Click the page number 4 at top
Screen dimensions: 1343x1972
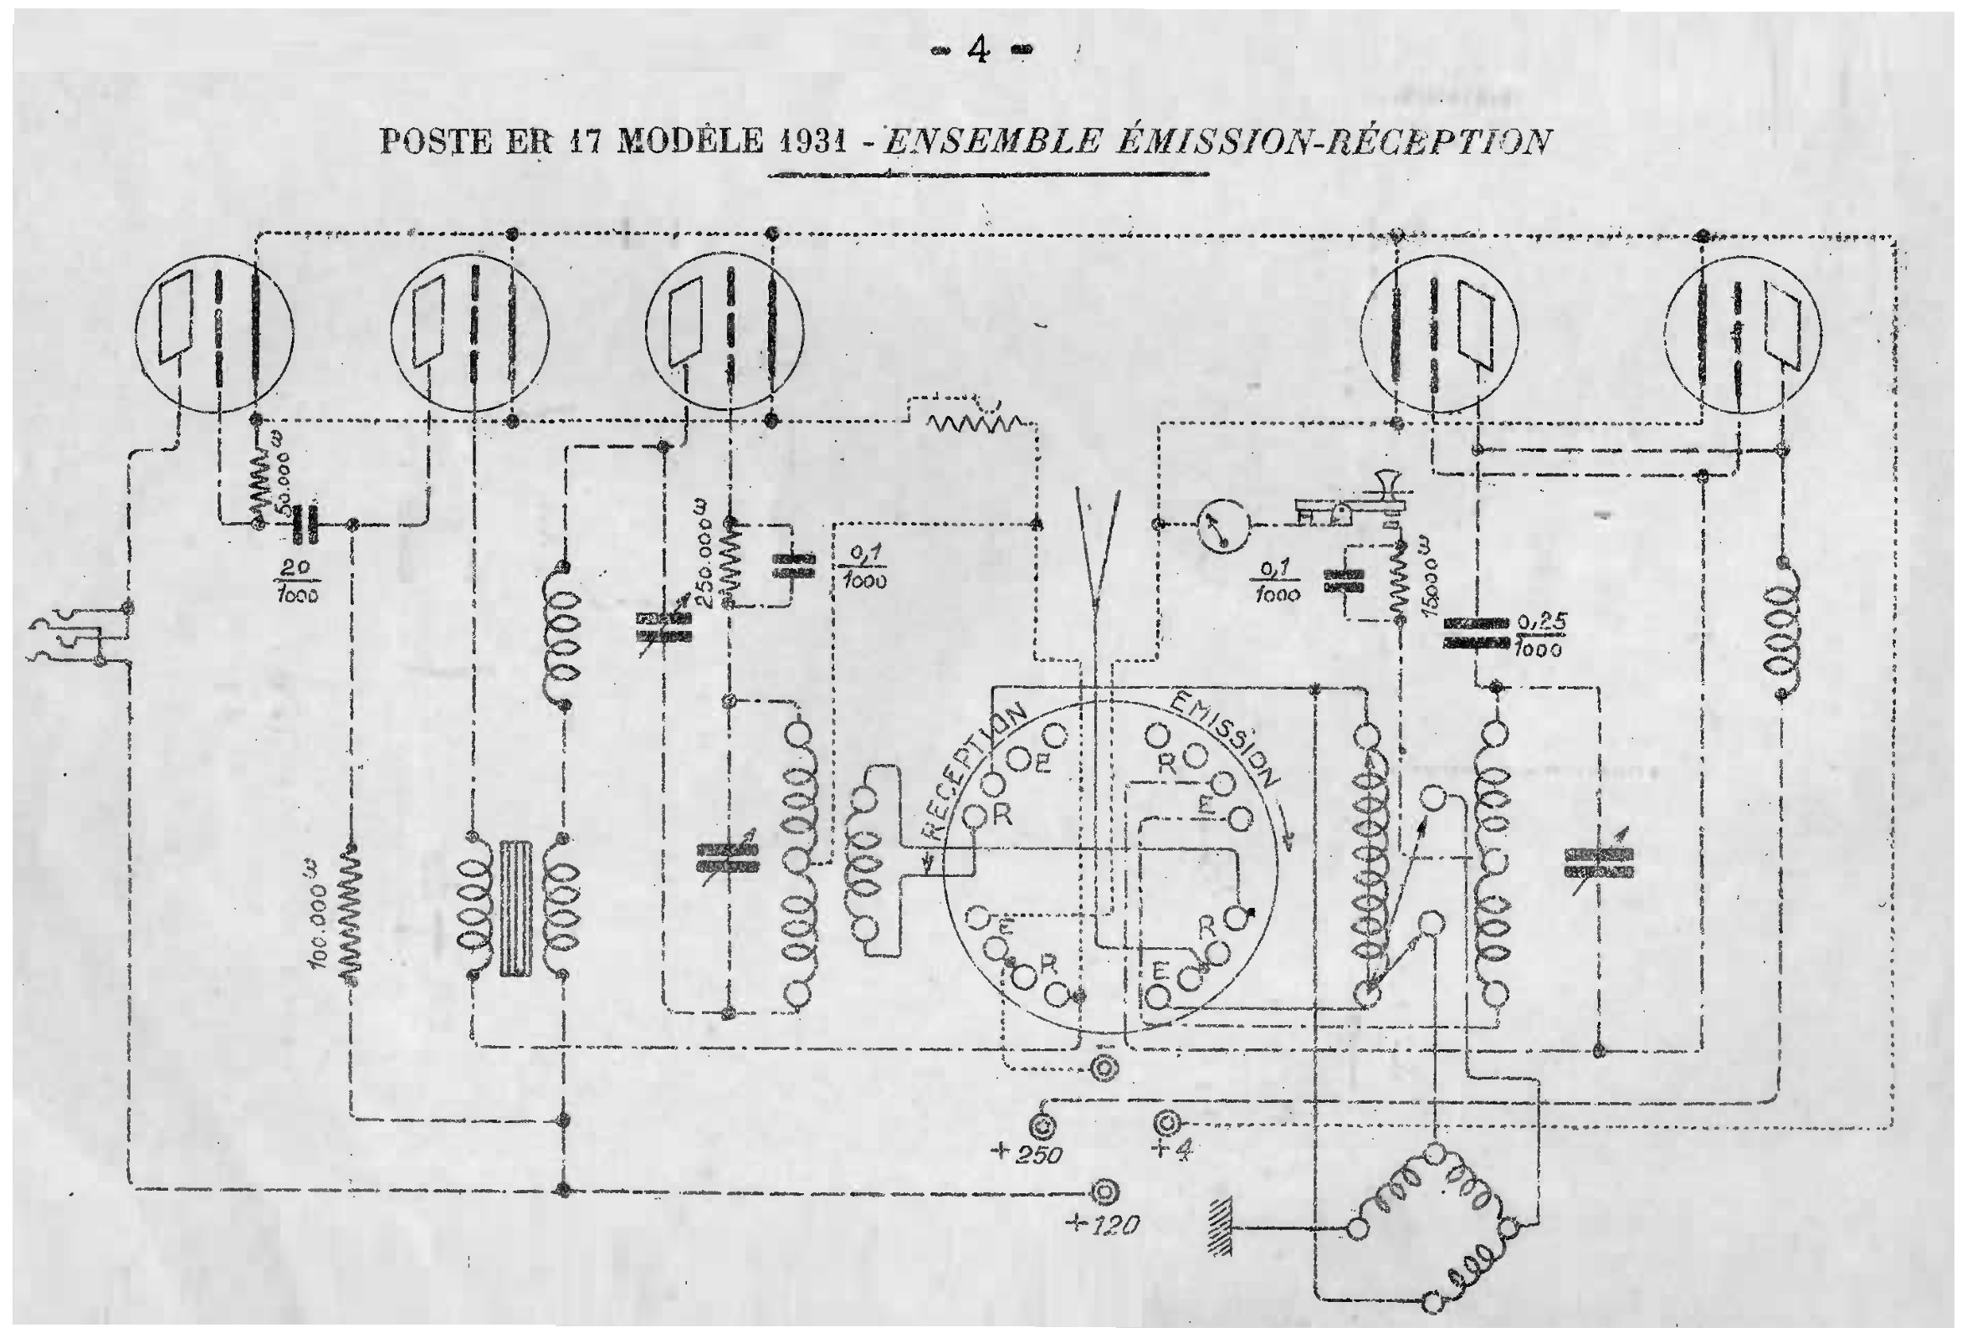coord(978,52)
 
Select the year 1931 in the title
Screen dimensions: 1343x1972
coord(812,141)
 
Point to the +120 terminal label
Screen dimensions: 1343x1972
coord(1101,1224)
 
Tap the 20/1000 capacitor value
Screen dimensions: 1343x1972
coord(296,581)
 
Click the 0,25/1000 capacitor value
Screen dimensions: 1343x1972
coord(1539,634)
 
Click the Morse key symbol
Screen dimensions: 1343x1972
coord(1350,505)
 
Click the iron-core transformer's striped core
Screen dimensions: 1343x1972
coord(516,909)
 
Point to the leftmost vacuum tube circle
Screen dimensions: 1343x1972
coord(215,333)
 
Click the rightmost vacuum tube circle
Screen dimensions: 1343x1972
coord(1742,333)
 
